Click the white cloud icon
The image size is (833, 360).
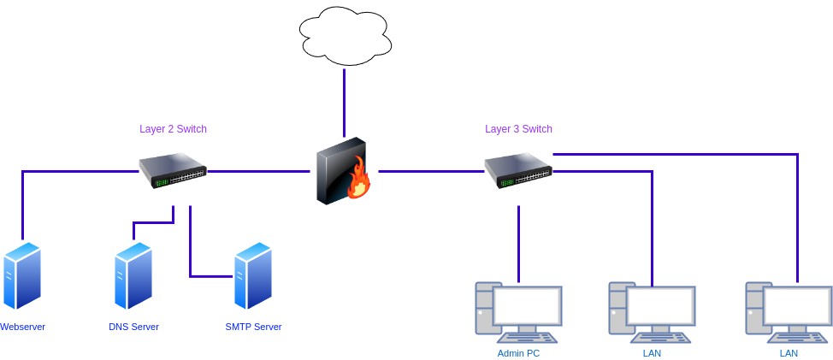pyautogui.click(x=345, y=36)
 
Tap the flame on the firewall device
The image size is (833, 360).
pyautogui.click(x=358, y=179)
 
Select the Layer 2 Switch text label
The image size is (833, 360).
pyautogui.click(x=174, y=129)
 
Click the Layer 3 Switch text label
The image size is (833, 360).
pyautogui.click(x=519, y=129)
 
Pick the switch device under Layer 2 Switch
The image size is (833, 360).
pyautogui.click(x=174, y=169)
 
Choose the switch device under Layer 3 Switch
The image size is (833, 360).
pyautogui.click(x=518, y=170)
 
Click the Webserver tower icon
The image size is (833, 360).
pyautogui.click(x=21, y=276)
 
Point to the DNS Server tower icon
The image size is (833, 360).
pyautogui.click(x=133, y=276)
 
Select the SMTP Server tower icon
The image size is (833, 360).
pyautogui.click(x=253, y=276)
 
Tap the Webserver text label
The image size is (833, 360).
pyautogui.click(x=22, y=327)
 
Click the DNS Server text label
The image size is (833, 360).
pyautogui.click(x=133, y=327)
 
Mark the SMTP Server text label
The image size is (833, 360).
pyautogui.click(x=253, y=327)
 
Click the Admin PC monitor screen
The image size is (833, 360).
pyautogui.click(x=528, y=306)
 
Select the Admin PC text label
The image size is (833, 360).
pyautogui.click(x=518, y=353)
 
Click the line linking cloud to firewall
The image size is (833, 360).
pyautogui.click(x=345, y=103)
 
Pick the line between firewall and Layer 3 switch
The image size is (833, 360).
pyautogui.click(x=430, y=172)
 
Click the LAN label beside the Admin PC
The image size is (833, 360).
pyautogui.click(x=652, y=353)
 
